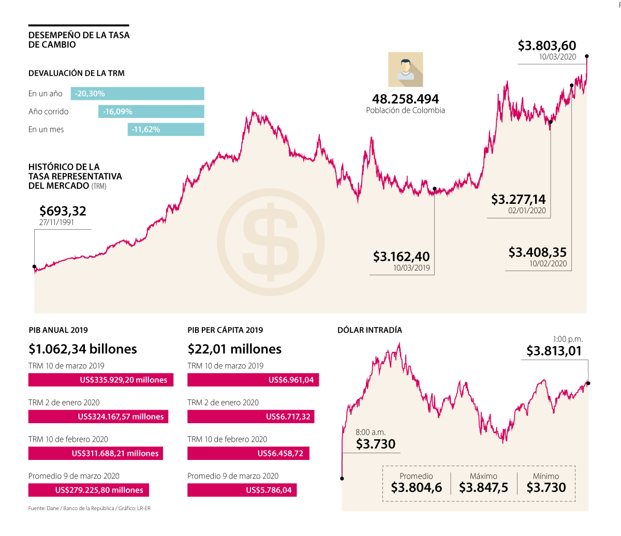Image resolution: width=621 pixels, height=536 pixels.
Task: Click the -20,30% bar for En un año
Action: point(137,94)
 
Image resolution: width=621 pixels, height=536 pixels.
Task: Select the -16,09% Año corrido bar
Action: point(151,112)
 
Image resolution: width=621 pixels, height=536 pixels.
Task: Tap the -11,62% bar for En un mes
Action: point(166,129)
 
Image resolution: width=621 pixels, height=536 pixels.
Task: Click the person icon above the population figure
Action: point(406,69)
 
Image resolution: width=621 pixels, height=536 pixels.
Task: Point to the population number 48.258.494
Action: point(405,99)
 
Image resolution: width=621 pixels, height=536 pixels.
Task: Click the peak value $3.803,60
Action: point(547,46)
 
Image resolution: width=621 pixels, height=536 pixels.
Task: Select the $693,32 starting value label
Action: point(63,211)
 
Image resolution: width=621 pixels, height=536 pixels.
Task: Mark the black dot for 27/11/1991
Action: point(35,267)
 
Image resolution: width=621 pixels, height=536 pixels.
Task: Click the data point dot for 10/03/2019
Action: point(435,189)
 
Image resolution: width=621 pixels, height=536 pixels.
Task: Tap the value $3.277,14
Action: point(518,199)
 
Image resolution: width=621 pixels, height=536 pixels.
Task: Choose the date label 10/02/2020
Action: point(548,263)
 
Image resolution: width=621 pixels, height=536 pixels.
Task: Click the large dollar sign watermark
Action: point(271,242)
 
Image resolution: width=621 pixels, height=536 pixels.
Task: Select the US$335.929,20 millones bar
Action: point(101,380)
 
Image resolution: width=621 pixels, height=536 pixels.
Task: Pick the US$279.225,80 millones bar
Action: point(88,490)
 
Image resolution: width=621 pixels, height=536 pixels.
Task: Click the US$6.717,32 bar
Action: point(250,416)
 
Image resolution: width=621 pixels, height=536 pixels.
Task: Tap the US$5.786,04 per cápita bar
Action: point(242,490)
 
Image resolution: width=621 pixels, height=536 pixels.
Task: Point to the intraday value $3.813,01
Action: point(554,351)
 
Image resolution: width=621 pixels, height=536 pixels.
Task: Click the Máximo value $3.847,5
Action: point(483,487)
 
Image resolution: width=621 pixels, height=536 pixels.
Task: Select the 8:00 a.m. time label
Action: point(371,433)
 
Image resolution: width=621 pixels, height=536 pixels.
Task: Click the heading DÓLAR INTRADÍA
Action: point(369,330)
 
